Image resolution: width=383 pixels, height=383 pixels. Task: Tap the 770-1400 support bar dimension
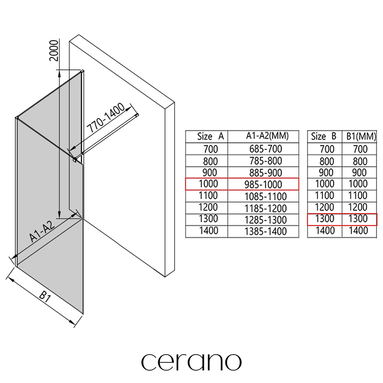click(106, 119)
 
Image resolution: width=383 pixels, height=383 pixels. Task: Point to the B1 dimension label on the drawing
click(45, 297)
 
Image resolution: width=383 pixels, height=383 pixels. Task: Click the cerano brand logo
click(191, 361)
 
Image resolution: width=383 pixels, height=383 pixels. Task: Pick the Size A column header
click(210, 137)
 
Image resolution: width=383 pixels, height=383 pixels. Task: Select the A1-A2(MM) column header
click(267, 136)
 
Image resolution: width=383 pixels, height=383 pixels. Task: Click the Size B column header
click(324, 137)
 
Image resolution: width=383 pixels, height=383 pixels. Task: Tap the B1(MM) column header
click(359, 137)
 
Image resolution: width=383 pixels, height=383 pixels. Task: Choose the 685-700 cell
click(266, 149)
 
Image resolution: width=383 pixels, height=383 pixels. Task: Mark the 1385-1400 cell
click(266, 232)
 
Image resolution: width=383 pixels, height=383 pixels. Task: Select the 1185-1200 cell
click(266, 208)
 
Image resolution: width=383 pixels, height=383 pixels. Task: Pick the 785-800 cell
click(266, 161)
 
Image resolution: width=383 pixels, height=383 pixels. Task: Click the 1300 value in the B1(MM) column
click(358, 219)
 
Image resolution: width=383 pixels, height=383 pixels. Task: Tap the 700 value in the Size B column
click(327, 149)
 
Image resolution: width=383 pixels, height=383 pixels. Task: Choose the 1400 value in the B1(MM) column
click(358, 231)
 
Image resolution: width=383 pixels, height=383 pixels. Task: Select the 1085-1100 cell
click(266, 196)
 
